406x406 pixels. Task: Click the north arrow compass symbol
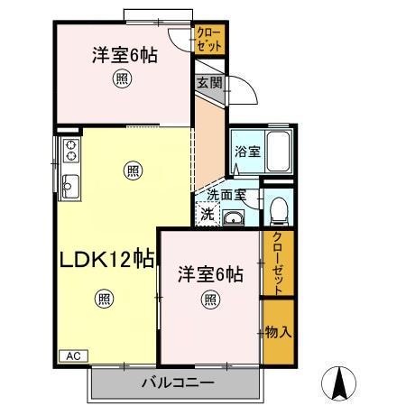(340, 383)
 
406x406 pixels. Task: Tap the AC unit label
(73, 355)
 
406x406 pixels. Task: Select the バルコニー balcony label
(177, 383)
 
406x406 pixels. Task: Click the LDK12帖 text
(106, 260)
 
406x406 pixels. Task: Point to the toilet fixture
(278, 211)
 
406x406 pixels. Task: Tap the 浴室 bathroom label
(246, 152)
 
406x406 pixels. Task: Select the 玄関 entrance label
(208, 82)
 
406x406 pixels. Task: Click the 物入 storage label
(278, 332)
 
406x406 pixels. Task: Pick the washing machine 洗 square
(208, 215)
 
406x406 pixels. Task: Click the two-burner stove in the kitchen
(69, 151)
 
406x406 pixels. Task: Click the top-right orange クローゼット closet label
(210, 39)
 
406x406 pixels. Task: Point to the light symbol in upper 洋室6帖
(120, 80)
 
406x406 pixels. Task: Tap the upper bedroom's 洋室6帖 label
(124, 55)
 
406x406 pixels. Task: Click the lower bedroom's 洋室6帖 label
(208, 272)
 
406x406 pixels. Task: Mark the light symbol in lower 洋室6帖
(209, 300)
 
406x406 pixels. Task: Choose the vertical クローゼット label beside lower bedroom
(278, 263)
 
